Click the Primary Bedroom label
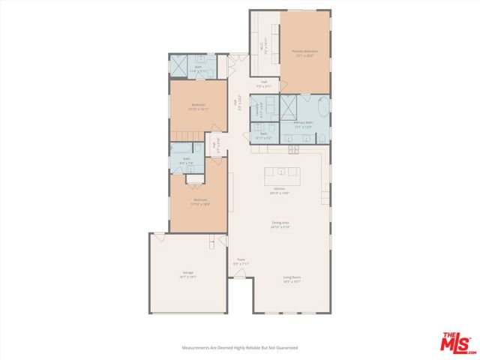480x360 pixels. click(x=304, y=51)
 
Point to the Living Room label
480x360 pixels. click(x=292, y=277)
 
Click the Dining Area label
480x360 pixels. click(x=280, y=222)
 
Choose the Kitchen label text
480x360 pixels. click(x=279, y=188)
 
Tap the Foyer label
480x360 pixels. click(x=241, y=260)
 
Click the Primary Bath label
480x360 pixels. click(x=303, y=122)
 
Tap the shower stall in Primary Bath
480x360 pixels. click(x=289, y=105)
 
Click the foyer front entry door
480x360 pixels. click(x=240, y=275)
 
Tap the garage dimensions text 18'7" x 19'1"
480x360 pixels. click(x=187, y=277)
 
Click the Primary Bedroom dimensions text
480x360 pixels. click(x=304, y=55)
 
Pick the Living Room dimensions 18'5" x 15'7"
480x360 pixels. click(x=292, y=282)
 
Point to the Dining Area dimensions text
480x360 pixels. click(x=280, y=226)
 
